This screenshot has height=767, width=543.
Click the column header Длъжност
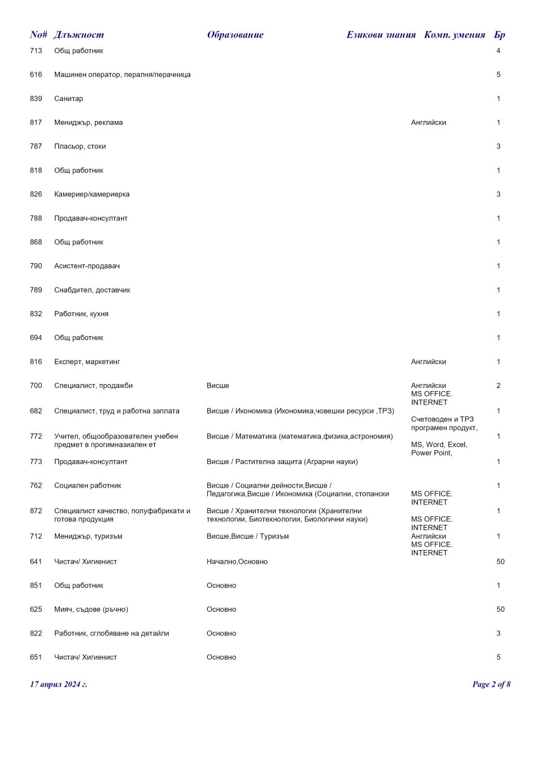pyautogui.click(x=79, y=35)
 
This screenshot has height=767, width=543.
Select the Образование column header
pyautogui.click(x=235, y=35)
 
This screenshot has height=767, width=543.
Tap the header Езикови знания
pyautogui.click(x=381, y=35)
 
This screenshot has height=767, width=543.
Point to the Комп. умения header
pyautogui.click(x=454, y=35)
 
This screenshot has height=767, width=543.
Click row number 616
pyautogui.click(x=36, y=75)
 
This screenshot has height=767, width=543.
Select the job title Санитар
pyautogui.click(x=69, y=99)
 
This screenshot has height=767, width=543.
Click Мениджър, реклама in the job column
pyautogui.click(x=89, y=123)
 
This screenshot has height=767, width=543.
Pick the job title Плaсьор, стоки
pyautogui.click(x=80, y=147)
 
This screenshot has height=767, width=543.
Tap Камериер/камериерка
pyautogui.click(x=92, y=195)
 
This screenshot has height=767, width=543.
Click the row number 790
pyautogui.click(x=36, y=266)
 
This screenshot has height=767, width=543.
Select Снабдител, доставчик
pyautogui.click(x=92, y=290)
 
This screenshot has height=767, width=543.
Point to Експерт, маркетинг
pyautogui.click(x=87, y=362)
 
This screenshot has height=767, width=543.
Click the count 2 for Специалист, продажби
pyautogui.click(x=498, y=386)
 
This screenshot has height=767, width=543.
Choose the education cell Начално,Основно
pyautogui.click(x=237, y=562)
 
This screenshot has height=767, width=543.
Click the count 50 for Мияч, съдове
pyautogui.click(x=500, y=609)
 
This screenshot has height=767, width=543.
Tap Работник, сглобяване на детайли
pyautogui.click(x=111, y=634)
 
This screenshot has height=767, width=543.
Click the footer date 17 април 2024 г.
pyautogui.click(x=59, y=685)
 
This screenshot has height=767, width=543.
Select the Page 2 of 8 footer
pyautogui.click(x=491, y=685)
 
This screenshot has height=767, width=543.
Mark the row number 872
pyautogui.click(x=36, y=511)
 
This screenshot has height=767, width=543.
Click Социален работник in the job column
pyautogui.click(x=87, y=486)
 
